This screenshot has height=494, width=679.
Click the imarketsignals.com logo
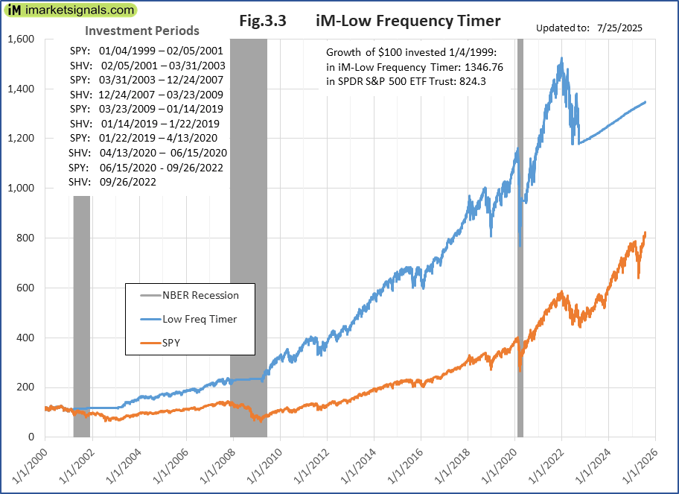pos(71,10)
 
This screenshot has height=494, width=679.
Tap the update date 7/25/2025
pos(619,28)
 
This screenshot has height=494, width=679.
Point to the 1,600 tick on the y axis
pos(22,39)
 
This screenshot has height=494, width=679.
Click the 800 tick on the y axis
pos(28,238)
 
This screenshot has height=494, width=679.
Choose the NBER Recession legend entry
pos(200,295)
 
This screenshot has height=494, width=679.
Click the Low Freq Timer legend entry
pos(199,320)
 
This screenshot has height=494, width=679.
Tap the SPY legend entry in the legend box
pos(173,343)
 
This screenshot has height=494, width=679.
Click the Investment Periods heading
pos(142,31)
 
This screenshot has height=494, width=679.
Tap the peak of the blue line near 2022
pos(561,57)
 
